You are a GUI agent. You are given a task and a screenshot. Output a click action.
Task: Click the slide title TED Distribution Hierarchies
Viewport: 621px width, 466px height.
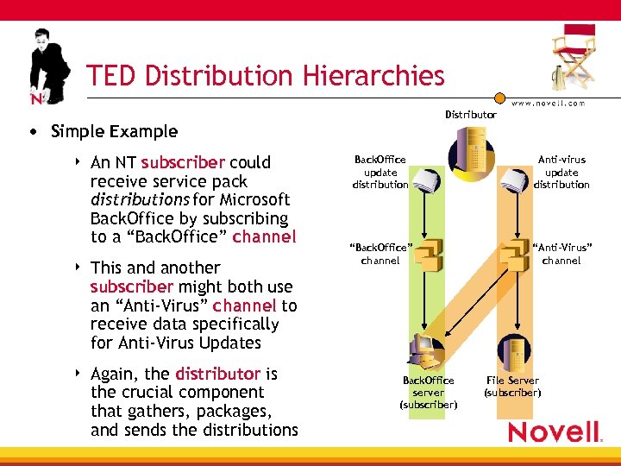[x=265, y=76]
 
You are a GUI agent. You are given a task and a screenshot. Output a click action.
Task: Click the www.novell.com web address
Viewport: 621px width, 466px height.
[x=548, y=103]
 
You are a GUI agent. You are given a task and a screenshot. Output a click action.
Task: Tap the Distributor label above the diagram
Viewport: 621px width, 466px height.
[x=470, y=115]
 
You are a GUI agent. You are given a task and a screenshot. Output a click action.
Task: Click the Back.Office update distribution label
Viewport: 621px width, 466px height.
[x=379, y=172]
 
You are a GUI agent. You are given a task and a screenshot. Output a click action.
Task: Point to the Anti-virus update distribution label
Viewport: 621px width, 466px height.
[x=561, y=172]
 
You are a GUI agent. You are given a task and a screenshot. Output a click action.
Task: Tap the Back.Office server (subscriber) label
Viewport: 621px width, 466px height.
[x=428, y=393]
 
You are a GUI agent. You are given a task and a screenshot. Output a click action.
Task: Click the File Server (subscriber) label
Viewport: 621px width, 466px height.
[x=512, y=387]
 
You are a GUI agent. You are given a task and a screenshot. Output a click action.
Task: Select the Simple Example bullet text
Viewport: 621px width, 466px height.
[x=114, y=132]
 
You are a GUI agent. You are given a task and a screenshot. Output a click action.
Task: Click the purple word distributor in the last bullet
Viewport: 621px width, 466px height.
[x=217, y=374]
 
